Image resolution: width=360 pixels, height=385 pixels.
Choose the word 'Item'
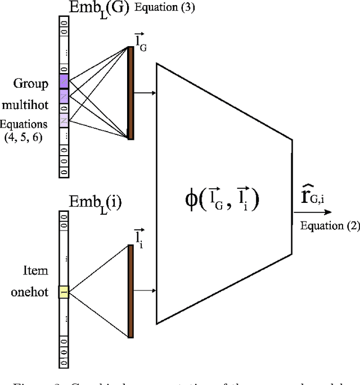[35, 271]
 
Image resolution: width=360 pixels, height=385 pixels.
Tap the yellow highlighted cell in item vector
[64, 292]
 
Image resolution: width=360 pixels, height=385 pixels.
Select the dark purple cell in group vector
[64, 82]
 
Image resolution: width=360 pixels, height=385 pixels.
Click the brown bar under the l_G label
[131, 93]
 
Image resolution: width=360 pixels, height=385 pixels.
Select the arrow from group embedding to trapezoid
[145, 93]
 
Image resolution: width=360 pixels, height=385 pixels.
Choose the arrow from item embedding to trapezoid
[145, 291]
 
